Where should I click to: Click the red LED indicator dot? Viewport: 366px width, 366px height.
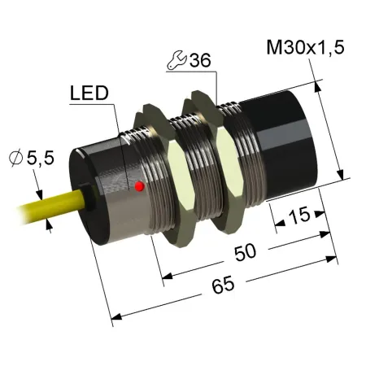(x=139, y=186)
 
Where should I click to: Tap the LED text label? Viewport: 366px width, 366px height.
(x=89, y=93)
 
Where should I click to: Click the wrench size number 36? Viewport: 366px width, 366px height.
(x=200, y=60)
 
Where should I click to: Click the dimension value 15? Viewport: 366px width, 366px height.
(x=298, y=215)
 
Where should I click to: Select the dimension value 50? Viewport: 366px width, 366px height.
(x=246, y=252)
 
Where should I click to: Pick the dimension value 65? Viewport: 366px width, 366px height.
(x=223, y=285)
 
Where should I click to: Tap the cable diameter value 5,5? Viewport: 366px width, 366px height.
(x=41, y=158)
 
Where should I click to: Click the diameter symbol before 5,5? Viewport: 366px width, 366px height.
(x=15, y=158)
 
